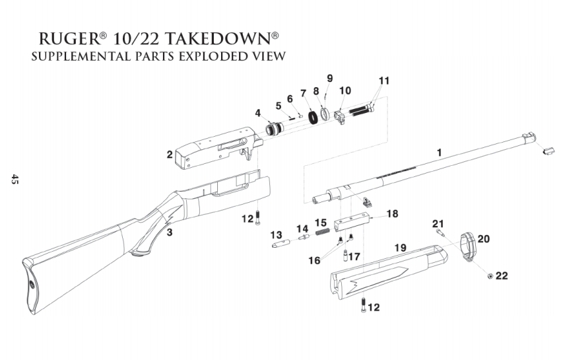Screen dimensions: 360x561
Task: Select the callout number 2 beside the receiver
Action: click(170, 155)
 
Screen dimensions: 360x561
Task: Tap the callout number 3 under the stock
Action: click(170, 232)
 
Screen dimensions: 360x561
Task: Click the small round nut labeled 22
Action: click(489, 275)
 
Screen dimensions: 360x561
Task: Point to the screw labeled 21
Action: click(440, 232)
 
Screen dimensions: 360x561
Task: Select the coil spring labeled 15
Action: click(321, 231)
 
